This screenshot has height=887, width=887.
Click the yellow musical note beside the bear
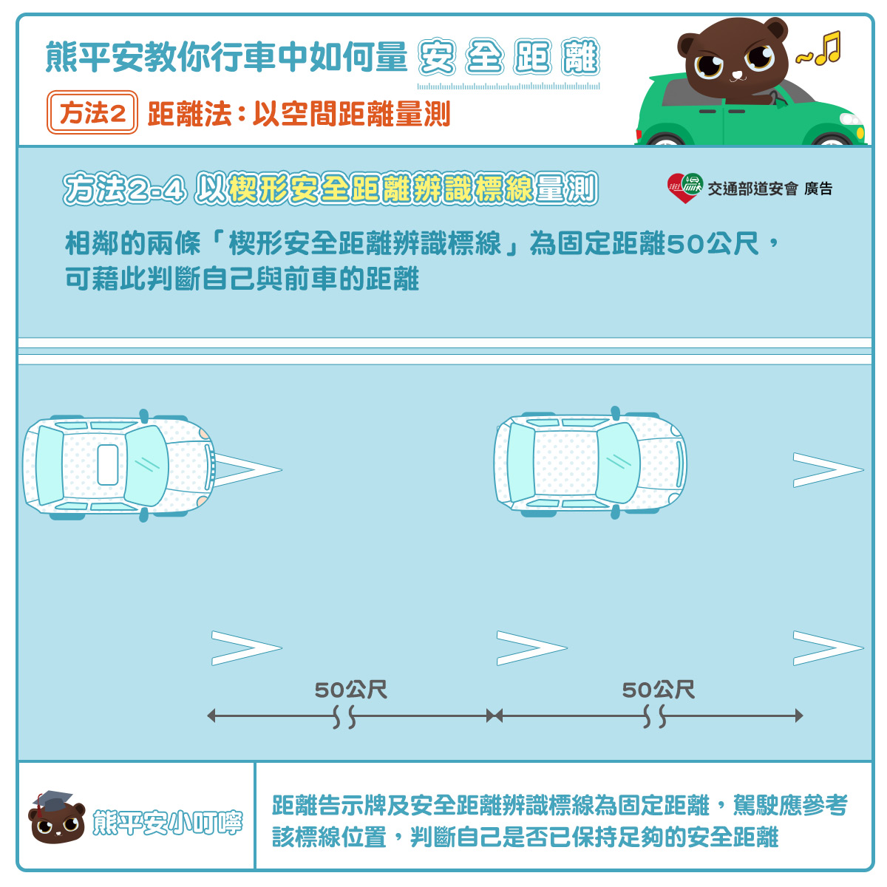pos(828,48)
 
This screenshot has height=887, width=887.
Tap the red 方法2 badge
pos(92,112)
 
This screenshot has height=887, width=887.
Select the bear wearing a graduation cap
pos(57,817)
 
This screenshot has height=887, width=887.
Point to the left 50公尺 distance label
pos(351,690)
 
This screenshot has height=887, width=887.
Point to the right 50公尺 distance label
pos(658,690)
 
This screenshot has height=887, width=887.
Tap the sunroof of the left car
pos(108,464)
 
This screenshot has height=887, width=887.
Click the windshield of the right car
pos(618,463)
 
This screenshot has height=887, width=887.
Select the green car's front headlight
pos(851,120)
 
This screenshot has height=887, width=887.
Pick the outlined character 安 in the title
pos(437,57)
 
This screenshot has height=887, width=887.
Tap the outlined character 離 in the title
pos(580,57)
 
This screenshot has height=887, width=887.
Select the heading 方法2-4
pos(125,188)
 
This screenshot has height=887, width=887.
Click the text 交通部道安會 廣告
pos(769,188)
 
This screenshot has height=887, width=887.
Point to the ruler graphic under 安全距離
pos(508,86)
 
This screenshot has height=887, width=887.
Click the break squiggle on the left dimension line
pos(344,716)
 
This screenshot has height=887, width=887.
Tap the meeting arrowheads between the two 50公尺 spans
pos(495,716)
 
